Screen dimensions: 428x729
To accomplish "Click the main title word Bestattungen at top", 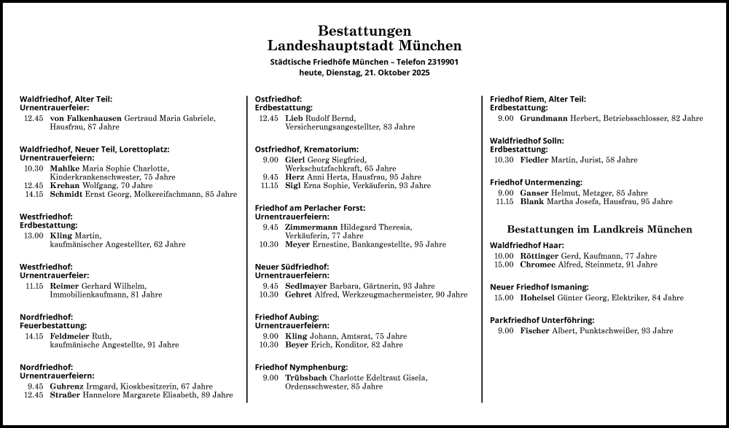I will tap(364, 31).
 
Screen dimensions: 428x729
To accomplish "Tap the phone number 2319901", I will tap(437, 62).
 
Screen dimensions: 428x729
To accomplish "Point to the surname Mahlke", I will tap(65, 168).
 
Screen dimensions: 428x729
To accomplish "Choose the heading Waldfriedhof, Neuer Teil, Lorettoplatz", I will tap(94, 149).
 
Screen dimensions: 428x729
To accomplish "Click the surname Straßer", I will tap(66, 395).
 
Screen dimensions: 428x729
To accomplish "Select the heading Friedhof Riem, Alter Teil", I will tap(537, 99).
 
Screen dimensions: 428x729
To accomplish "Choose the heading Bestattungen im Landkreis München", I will tap(599, 229).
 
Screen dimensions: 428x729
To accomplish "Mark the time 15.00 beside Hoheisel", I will tap(504, 297).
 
